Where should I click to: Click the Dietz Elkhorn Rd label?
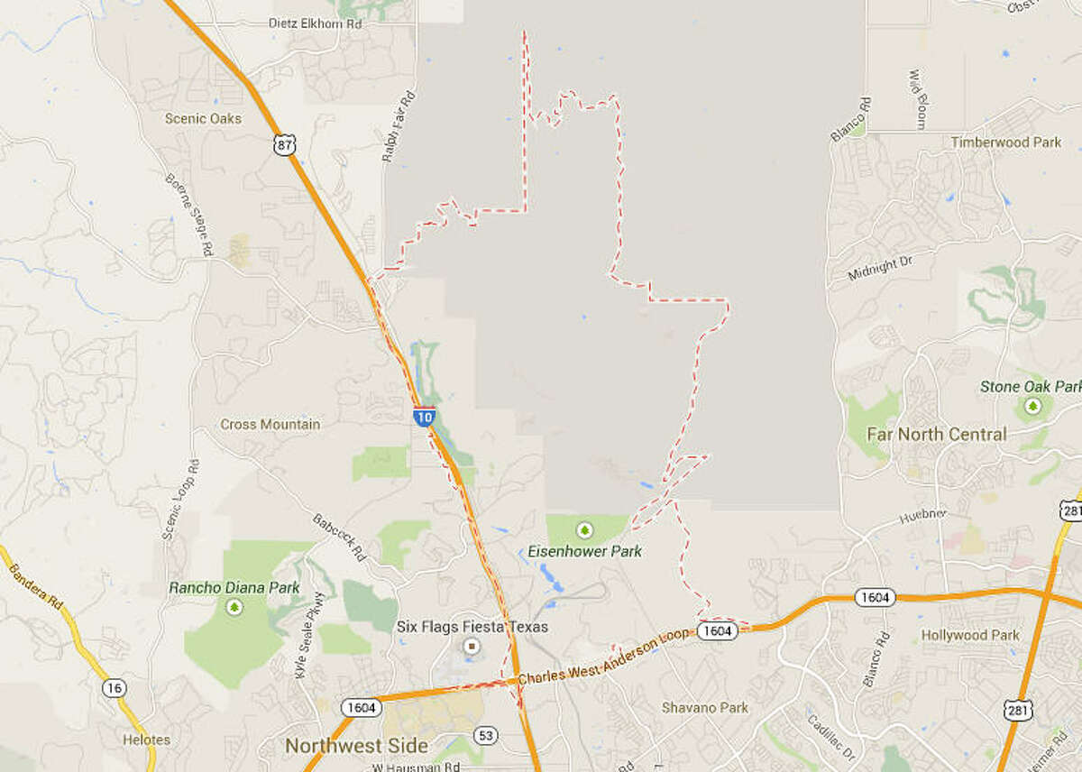(315, 24)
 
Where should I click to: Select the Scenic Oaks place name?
(203, 118)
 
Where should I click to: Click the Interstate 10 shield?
(425, 417)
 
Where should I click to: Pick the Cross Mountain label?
(270, 424)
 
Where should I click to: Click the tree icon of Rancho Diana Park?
(234, 607)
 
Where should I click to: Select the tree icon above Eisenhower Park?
(584, 529)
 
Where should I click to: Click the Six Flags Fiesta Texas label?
(472, 627)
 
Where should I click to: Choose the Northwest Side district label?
(356, 746)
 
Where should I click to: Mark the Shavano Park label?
(704, 708)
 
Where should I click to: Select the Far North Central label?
(936, 434)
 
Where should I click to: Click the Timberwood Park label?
(1005, 142)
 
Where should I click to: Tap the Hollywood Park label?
(969, 635)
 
